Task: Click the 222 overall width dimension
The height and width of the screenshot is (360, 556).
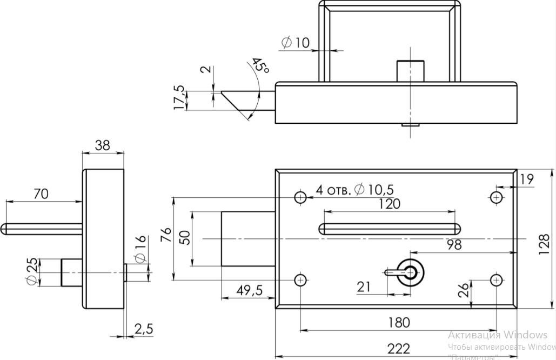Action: (399, 349)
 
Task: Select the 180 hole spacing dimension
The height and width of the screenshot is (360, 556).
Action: (399, 323)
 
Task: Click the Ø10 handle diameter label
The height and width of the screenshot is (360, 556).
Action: (296, 42)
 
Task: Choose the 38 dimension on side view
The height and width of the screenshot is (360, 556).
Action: (103, 145)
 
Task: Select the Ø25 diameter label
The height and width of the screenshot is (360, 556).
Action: (31, 272)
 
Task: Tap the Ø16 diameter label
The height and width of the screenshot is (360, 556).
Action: (139, 250)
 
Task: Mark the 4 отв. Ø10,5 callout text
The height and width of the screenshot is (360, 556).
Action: (354, 189)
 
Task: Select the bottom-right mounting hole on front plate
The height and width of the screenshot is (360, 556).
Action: (497, 279)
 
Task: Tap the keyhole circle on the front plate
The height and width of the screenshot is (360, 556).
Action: (410, 272)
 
